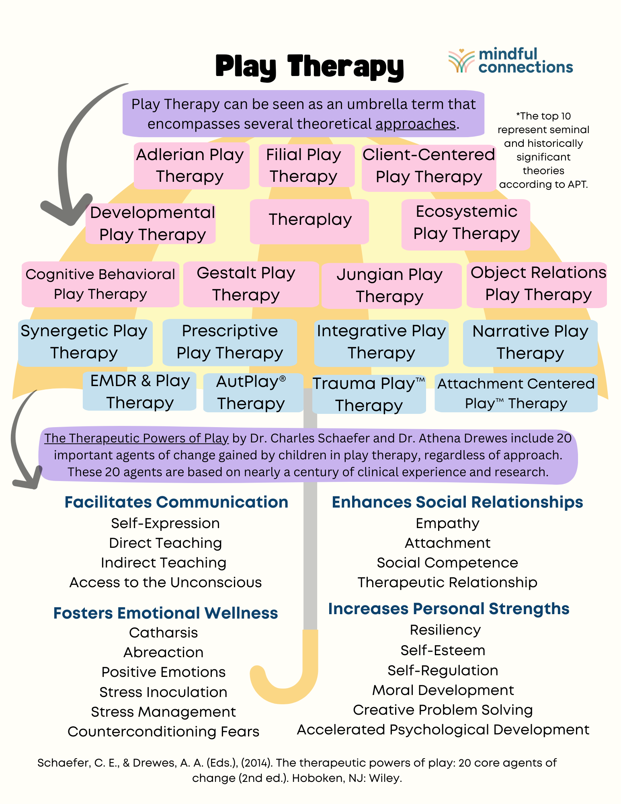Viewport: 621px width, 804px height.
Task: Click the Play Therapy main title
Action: click(x=309, y=66)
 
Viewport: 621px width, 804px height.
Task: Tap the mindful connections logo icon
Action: click(x=461, y=61)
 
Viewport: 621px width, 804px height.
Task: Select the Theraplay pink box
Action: click(x=309, y=221)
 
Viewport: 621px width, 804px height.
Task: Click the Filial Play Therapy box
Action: click(x=306, y=166)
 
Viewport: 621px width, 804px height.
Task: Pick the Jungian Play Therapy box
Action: click(x=391, y=286)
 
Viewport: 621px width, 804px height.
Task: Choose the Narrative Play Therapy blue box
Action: click(x=530, y=343)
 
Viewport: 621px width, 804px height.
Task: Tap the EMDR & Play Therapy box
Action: click(x=139, y=391)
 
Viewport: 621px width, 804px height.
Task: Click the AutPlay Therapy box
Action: click(x=253, y=393)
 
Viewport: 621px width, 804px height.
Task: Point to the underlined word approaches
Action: click(x=416, y=124)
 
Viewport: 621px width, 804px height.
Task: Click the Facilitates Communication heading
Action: click(x=176, y=502)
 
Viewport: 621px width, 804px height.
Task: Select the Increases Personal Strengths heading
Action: click(x=449, y=609)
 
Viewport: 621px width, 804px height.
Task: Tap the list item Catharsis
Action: click(x=164, y=633)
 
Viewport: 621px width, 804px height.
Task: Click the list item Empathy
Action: click(x=447, y=523)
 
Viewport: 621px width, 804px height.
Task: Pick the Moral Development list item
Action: click(x=443, y=690)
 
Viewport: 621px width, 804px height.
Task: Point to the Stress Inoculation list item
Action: click(x=164, y=692)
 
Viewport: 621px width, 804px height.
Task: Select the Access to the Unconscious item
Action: click(x=166, y=582)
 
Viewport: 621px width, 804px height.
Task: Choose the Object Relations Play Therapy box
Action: click(x=537, y=284)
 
